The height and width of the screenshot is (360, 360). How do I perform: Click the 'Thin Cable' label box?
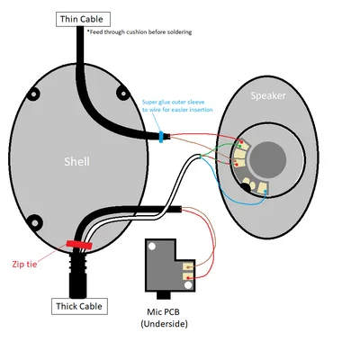[x=85, y=18]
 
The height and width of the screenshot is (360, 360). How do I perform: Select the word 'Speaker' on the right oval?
[x=268, y=96]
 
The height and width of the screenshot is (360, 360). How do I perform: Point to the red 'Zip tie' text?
[x=25, y=264]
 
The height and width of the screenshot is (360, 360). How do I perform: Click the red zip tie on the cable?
[x=79, y=244]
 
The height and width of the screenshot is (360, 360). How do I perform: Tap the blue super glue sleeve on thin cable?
[x=161, y=138]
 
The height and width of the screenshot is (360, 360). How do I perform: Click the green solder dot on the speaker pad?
[x=236, y=163]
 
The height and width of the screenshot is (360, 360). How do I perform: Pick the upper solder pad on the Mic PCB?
[x=188, y=265]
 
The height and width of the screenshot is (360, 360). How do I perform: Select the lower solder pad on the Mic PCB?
[x=188, y=277]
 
